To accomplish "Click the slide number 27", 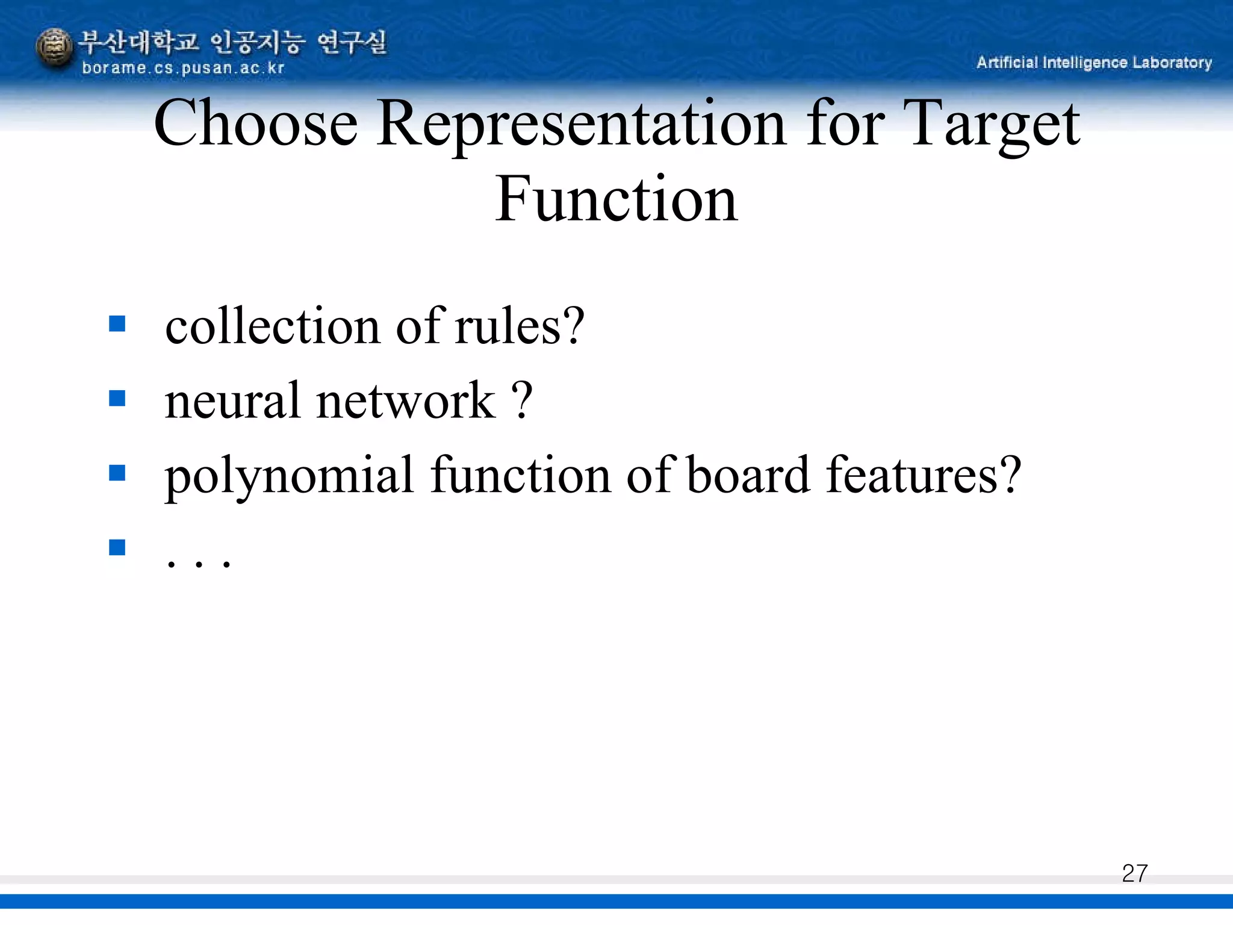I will pos(1134,873).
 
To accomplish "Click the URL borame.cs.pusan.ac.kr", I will pos(182,68).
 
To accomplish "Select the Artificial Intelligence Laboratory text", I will pos(1094,63).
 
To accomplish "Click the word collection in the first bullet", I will pos(273,326).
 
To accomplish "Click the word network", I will pos(406,401).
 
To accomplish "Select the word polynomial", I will pos(290,476).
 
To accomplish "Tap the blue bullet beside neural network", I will pos(117,398).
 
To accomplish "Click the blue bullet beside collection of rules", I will pos(117,324).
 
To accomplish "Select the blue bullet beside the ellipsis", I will pos(117,547).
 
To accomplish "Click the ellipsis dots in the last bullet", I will pos(198,564).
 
